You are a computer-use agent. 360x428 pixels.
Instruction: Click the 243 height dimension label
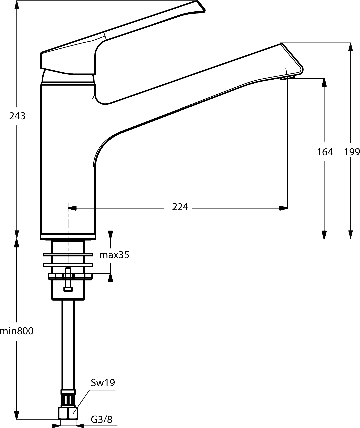(x=17, y=116)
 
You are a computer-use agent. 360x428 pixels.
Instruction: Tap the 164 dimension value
(x=325, y=152)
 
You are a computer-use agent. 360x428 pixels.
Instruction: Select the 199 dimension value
(x=352, y=152)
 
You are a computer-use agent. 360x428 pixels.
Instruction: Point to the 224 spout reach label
(x=180, y=207)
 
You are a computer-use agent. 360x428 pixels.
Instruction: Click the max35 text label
(x=114, y=255)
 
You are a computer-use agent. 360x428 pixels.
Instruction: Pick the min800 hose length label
(x=16, y=331)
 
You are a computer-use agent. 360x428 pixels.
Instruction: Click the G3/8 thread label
(x=102, y=420)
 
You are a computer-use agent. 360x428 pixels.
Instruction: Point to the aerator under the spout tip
(x=288, y=78)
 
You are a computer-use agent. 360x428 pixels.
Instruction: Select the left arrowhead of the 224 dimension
(x=72, y=208)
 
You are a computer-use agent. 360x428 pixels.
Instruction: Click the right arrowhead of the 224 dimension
(x=283, y=208)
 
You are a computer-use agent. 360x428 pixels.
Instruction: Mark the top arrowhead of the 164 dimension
(x=324, y=83)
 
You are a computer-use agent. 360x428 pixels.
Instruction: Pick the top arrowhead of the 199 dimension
(x=351, y=47)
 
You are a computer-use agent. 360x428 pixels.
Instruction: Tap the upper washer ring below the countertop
(x=68, y=255)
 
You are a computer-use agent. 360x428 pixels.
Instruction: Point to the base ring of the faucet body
(x=68, y=236)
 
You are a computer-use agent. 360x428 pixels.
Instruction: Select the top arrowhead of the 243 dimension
(x=17, y=5)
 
